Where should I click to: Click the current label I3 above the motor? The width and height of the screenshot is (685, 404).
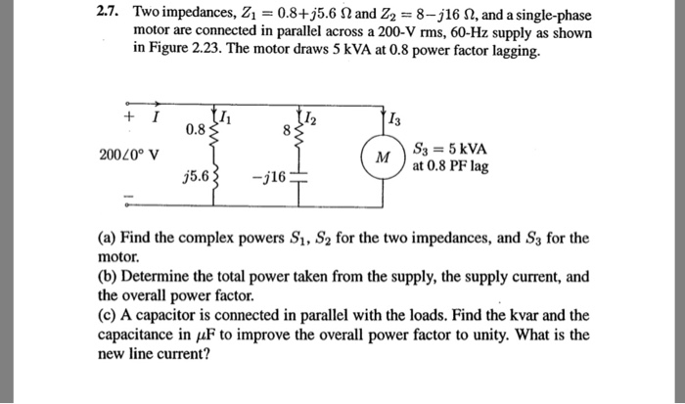(x=394, y=120)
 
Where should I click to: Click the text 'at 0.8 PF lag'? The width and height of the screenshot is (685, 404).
(x=451, y=166)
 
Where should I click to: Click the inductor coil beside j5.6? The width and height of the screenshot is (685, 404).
(x=213, y=176)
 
